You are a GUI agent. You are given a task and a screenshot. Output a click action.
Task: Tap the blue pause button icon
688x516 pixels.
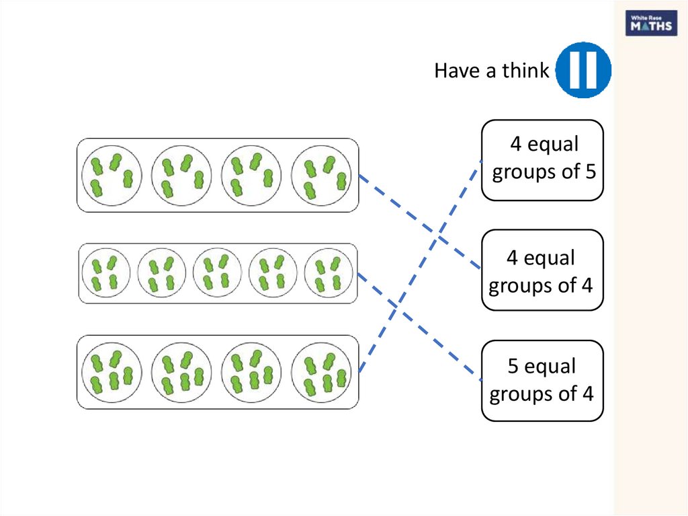click(584, 69)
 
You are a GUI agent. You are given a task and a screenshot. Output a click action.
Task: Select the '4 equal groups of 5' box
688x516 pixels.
click(542, 160)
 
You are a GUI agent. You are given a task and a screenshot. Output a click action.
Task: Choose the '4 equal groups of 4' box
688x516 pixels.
click(542, 270)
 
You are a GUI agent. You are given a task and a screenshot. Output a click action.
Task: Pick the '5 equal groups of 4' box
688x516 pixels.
click(542, 381)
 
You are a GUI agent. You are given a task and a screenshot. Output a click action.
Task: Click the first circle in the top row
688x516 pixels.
click(112, 175)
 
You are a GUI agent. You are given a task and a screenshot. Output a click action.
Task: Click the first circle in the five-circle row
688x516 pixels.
click(105, 273)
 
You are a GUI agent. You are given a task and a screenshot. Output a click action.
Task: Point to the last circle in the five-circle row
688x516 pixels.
click(329, 273)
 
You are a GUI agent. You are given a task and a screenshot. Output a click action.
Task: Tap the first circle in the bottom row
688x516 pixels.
click(112, 372)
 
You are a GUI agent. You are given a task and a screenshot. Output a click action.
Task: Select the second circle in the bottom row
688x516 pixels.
click(181, 372)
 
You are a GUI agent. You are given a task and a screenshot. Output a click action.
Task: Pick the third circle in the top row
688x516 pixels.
click(251, 175)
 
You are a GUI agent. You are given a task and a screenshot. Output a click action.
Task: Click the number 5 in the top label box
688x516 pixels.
click(590, 172)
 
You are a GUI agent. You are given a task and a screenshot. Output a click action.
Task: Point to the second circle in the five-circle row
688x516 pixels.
click(162, 273)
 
